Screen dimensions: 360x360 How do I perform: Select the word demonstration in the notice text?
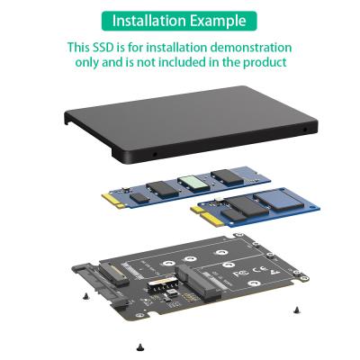[245, 47]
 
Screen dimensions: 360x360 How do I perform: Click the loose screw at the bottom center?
[139, 346]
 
